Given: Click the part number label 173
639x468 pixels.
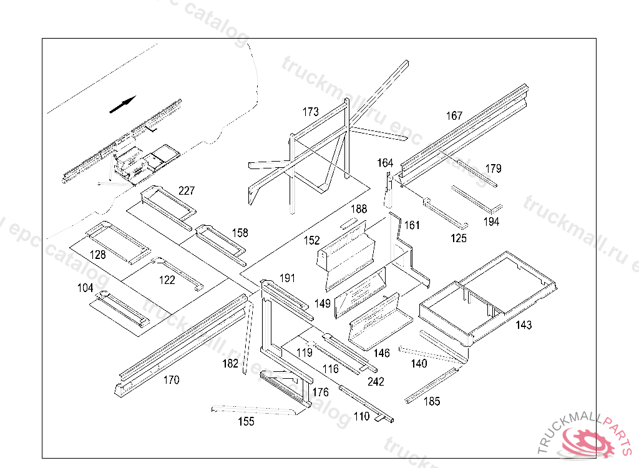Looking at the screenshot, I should (x=311, y=112).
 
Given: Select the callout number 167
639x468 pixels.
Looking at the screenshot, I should (x=454, y=116).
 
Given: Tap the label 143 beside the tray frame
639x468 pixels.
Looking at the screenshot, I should (x=524, y=325).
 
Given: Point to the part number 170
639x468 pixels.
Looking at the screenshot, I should (x=171, y=379).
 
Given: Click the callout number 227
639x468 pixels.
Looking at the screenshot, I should (x=187, y=190).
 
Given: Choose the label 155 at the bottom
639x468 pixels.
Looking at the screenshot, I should (x=246, y=422).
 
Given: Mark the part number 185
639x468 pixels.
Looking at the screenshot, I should (x=431, y=401).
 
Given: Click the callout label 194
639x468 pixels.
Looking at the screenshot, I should (x=491, y=222).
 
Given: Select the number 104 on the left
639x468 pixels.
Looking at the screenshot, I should (x=85, y=288).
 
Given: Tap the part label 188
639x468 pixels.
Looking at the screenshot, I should (x=359, y=210).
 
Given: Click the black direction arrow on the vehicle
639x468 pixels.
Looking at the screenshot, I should (x=123, y=105).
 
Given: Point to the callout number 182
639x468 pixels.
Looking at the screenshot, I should (x=230, y=363).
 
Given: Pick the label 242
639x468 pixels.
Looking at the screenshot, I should (x=376, y=382).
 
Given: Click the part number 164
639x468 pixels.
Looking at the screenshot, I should (x=385, y=163).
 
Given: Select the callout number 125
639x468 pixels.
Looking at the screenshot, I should (x=458, y=238).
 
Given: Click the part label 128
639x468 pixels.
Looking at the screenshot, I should (x=97, y=255).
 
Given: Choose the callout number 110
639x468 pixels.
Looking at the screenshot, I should (x=361, y=417).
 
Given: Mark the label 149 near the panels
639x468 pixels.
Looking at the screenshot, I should (x=323, y=304).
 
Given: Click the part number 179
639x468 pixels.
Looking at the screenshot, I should (x=493, y=168).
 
